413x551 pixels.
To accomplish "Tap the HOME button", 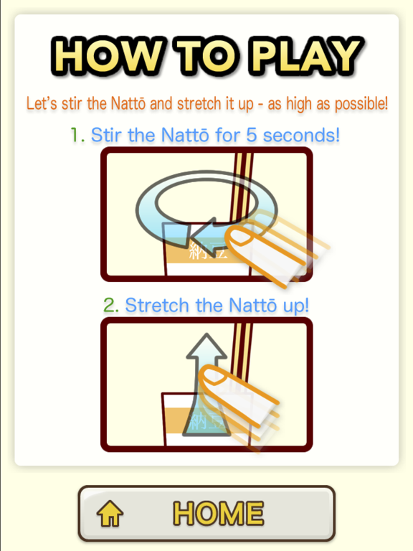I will (x=206, y=514).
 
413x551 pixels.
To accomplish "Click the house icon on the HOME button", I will (x=110, y=514).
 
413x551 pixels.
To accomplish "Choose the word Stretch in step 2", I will (x=158, y=305).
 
